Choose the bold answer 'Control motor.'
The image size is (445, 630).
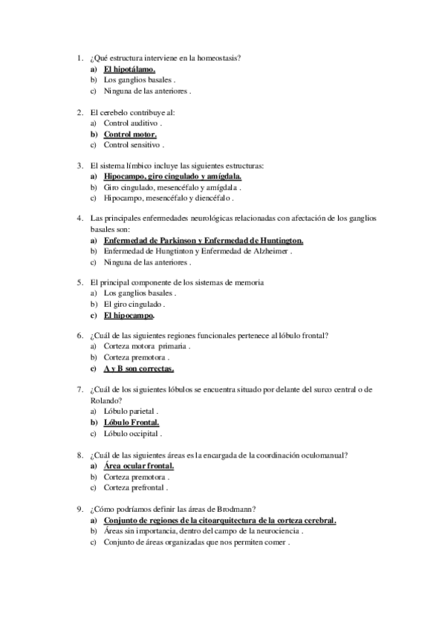pos(130,134)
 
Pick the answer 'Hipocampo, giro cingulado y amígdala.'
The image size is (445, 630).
pos(172,178)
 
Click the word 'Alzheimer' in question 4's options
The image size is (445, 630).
pos(267,252)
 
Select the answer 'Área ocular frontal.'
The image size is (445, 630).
pos(138,466)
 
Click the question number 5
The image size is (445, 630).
pos(79,283)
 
